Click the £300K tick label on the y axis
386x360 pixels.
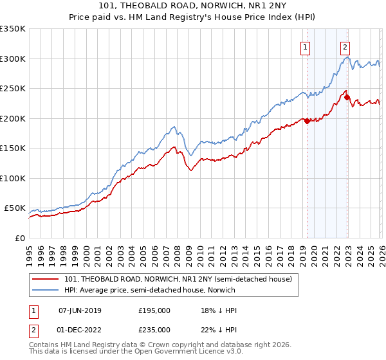[x=13, y=59]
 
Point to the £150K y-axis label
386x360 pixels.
[x=13, y=148]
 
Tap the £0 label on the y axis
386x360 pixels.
[x=19, y=238]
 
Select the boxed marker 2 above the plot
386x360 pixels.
[x=345, y=46]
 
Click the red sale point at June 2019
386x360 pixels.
[x=307, y=121]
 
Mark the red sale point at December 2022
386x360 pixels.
[x=347, y=98]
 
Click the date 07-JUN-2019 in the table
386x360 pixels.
[x=80, y=310]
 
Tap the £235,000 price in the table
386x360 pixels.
[x=154, y=330]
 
